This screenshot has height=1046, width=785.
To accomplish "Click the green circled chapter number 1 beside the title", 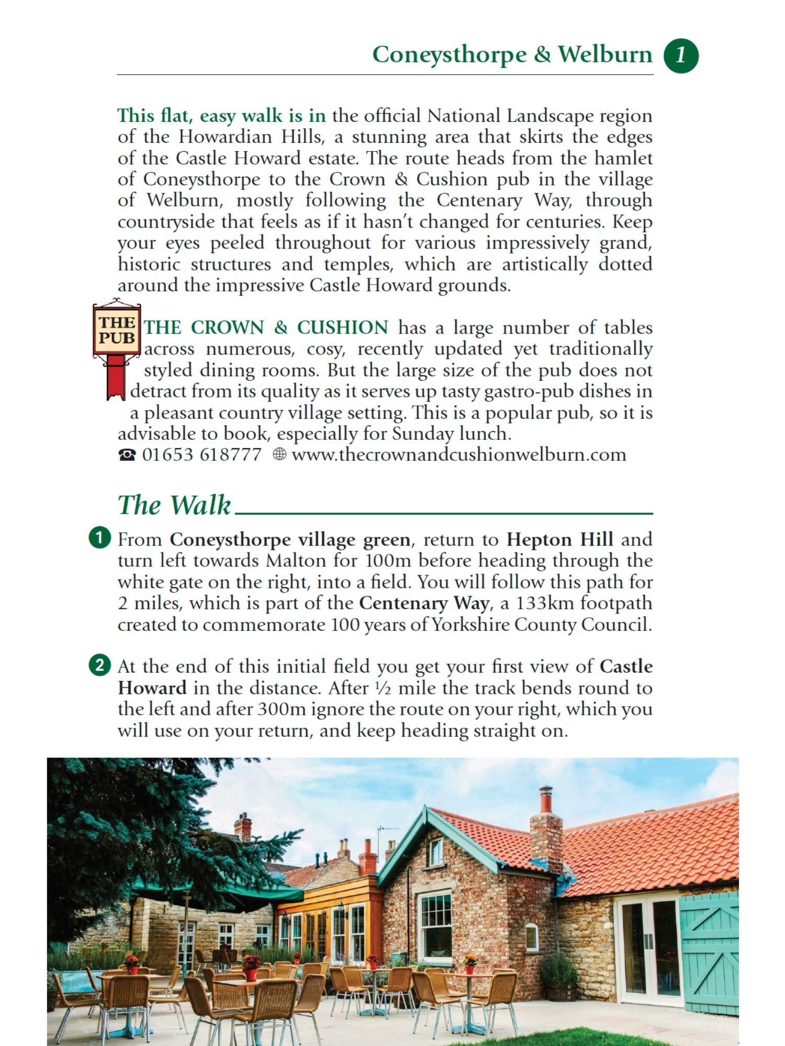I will pyautogui.click(x=681, y=55).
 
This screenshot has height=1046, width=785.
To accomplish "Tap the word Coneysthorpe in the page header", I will pyautogui.click(x=450, y=55).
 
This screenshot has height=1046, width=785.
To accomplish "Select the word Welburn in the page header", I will pyautogui.click(x=605, y=54).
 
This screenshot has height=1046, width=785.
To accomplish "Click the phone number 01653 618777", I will pyautogui.click(x=201, y=454).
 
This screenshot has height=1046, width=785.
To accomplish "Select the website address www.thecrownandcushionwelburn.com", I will pyautogui.click(x=459, y=454).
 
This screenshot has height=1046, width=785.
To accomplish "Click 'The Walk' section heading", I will pyautogui.click(x=174, y=505).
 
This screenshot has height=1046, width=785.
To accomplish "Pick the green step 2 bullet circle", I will pyautogui.click(x=99, y=665).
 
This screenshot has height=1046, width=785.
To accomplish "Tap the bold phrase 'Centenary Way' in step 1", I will pyautogui.click(x=424, y=603).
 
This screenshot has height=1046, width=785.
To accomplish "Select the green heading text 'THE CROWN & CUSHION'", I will pyautogui.click(x=266, y=327).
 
